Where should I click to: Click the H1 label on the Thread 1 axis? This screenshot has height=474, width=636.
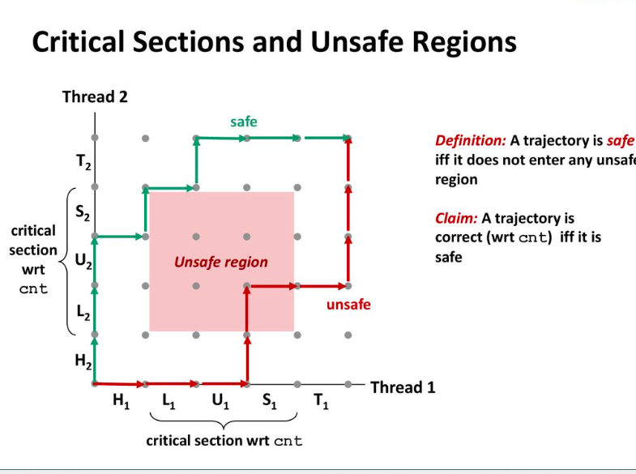[122, 401]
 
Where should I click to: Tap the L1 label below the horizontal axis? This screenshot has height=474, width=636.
[169, 401]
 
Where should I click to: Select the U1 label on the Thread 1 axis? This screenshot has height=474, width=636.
[220, 401]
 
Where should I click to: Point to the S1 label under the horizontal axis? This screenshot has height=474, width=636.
[270, 401]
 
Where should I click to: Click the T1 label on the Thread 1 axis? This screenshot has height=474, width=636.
[321, 401]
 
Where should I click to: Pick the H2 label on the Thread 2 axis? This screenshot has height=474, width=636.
[83, 362]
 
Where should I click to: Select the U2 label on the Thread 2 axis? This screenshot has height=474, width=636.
[83, 262]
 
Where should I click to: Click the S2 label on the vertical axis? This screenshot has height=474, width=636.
[83, 213]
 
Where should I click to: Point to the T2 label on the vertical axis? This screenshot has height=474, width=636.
[83, 163]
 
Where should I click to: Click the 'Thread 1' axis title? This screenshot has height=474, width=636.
[403, 387]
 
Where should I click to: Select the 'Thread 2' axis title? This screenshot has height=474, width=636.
[95, 97]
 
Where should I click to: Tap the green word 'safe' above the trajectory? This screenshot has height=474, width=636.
[243, 122]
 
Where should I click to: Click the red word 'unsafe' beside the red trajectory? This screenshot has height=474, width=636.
[348, 305]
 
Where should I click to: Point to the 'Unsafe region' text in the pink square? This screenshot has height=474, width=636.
[220, 262]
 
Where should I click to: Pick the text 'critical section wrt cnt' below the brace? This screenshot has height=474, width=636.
[224, 441]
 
